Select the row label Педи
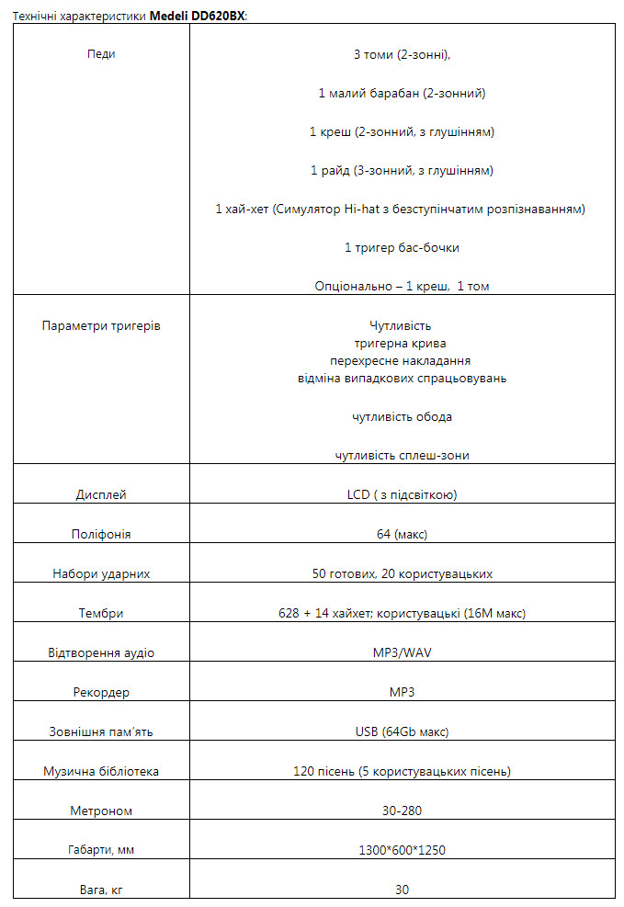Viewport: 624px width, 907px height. coord(101,54)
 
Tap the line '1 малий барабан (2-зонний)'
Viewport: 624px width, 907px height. coord(402,94)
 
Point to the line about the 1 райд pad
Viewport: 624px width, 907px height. coord(402,171)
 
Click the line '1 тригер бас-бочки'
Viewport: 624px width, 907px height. coord(402,248)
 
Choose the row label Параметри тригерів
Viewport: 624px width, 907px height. coord(101,326)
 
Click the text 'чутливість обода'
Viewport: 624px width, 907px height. coord(402,417)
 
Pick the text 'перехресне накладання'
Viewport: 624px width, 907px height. coord(402,361)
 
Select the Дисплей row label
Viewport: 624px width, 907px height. coord(101,495)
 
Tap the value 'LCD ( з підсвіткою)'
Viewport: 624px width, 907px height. coord(402,495)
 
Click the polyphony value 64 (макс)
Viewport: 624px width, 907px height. coord(402,535)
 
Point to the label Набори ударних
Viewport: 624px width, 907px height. coord(101,574)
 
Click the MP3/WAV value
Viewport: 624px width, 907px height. coord(402,653)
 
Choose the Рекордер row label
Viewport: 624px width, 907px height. coord(101,693)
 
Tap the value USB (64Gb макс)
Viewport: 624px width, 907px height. coord(402,732)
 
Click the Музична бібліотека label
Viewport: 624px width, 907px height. coord(101,772)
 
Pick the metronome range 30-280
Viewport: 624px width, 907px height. coord(402,811)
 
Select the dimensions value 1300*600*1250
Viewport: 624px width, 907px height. coord(402,851)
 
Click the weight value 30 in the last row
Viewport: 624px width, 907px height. coord(402,890)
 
